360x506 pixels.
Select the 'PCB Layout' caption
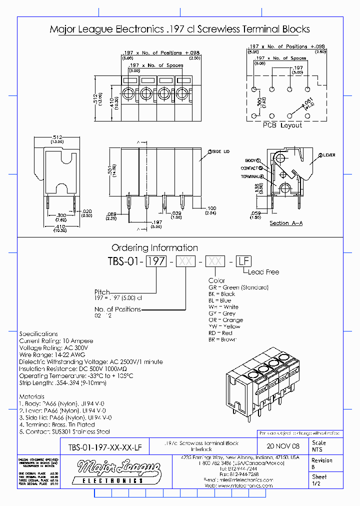[x=282, y=125]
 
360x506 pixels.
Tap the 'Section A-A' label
[x=285, y=223]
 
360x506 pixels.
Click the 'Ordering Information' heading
[x=154, y=247]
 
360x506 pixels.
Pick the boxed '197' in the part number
[x=155, y=261]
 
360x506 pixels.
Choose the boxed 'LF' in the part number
[x=243, y=261]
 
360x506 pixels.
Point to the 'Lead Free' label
[x=263, y=272]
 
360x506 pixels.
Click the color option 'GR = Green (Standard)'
[x=238, y=287]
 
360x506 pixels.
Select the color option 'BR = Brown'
[x=222, y=339]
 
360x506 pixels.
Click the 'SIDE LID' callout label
[x=220, y=151]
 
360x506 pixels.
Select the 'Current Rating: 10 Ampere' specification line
[x=56, y=341]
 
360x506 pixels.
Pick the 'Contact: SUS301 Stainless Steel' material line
[x=64, y=431]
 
